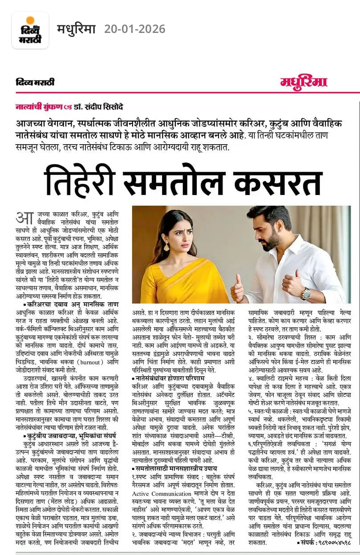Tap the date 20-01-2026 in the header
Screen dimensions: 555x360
click(135, 29)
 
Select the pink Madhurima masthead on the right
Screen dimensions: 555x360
click(303, 82)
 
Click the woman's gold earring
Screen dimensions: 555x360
click(166, 246)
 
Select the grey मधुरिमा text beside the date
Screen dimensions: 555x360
click(76, 29)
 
